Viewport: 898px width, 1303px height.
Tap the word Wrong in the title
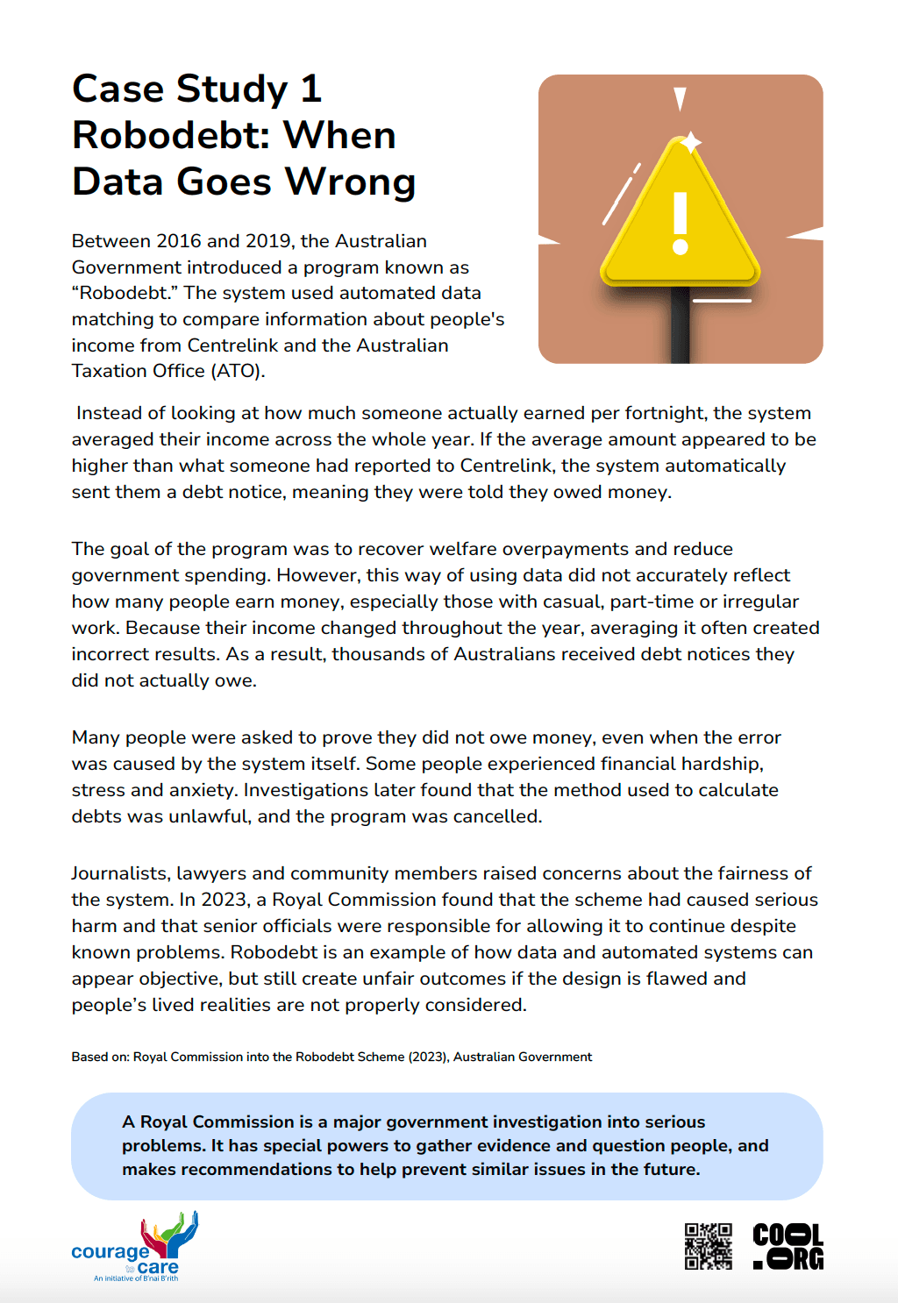(x=350, y=182)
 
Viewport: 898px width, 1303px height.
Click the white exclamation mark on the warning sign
(x=680, y=223)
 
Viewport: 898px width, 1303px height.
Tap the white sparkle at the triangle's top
(x=691, y=141)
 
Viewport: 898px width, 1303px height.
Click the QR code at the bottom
(x=708, y=1246)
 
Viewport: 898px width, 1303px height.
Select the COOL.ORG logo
(x=788, y=1246)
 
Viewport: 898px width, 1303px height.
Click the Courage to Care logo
(x=136, y=1248)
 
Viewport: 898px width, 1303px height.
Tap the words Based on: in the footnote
(x=101, y=1057)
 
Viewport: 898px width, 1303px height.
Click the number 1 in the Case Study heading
(x=310, y=89)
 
